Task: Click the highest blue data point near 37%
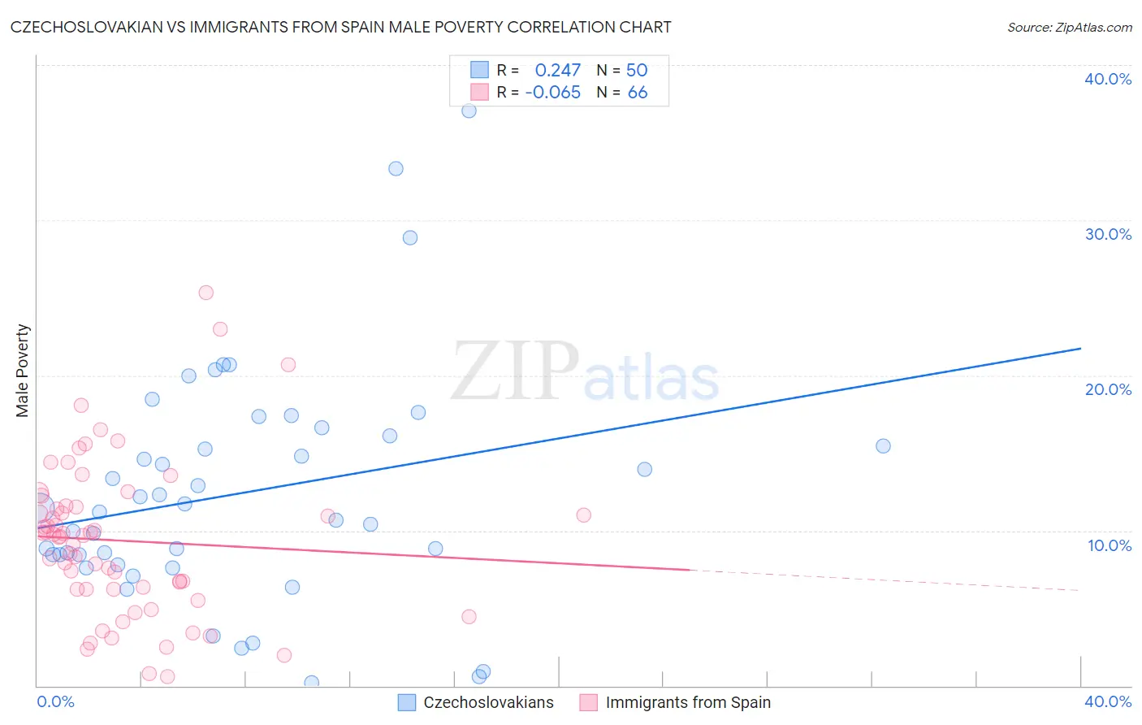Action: tap(469, 111)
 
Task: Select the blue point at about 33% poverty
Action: tap(396, 169)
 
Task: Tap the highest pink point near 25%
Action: tap(206, 293)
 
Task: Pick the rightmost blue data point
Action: tap(883, 446)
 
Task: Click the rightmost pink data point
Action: tap(583, 515)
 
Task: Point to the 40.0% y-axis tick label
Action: tap(1108, 79)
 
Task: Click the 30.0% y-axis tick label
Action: tap(1108, 234)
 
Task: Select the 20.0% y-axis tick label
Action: tap(1108, 389)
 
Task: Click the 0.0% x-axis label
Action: tap(56, 701)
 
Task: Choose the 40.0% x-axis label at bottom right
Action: tap(1108, 701)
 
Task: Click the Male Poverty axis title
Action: tap(23, 371)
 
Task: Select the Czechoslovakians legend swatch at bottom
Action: tap(407, 702)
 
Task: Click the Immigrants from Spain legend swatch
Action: tap(588, 702)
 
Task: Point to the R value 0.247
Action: tap(557, 71)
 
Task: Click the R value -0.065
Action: tap(552, 93)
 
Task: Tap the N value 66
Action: tap(638, 93)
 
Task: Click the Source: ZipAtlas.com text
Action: tap(1069, 28)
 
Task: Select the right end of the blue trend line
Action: tap(1080, 349)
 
